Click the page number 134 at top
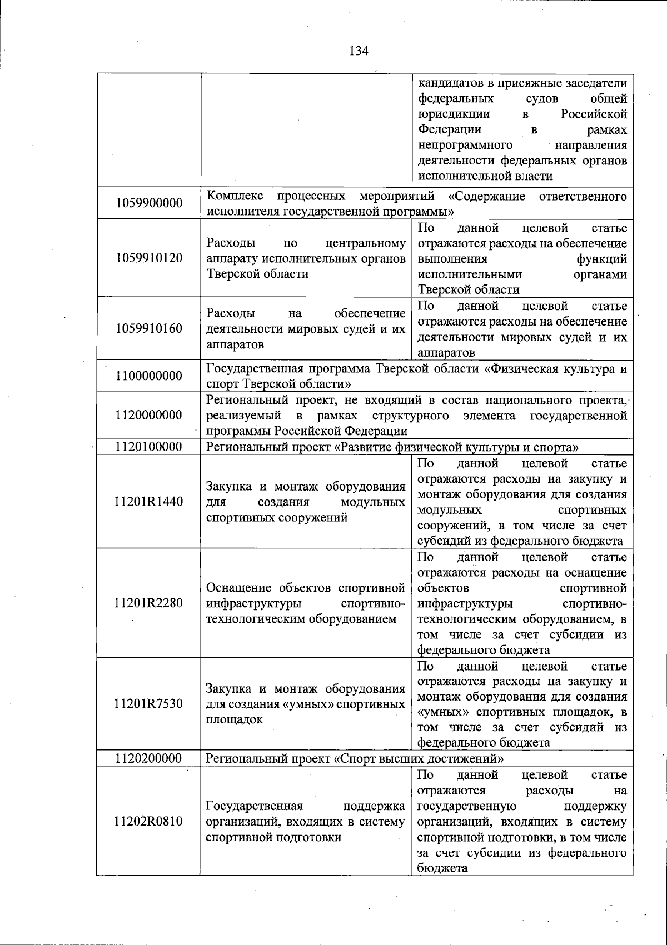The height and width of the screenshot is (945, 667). click(359, 51)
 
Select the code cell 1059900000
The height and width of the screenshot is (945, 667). click(149, 203)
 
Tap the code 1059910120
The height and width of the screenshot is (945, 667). click(149, 258)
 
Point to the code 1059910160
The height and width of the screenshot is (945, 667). click(149, 329)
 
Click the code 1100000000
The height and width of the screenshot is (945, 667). click(149, 376)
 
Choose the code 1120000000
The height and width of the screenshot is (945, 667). click(149, 416)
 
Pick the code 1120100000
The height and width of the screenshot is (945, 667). click(149, 447)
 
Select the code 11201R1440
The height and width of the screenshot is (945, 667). click(148, 502)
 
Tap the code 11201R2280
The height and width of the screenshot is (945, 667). click(148, 603)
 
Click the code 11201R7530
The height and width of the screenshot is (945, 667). click(148, 704)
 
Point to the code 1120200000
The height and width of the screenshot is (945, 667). click(149, 758)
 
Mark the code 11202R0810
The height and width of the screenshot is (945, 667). click(148, 821)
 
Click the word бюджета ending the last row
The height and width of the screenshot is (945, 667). click(442, 868)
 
